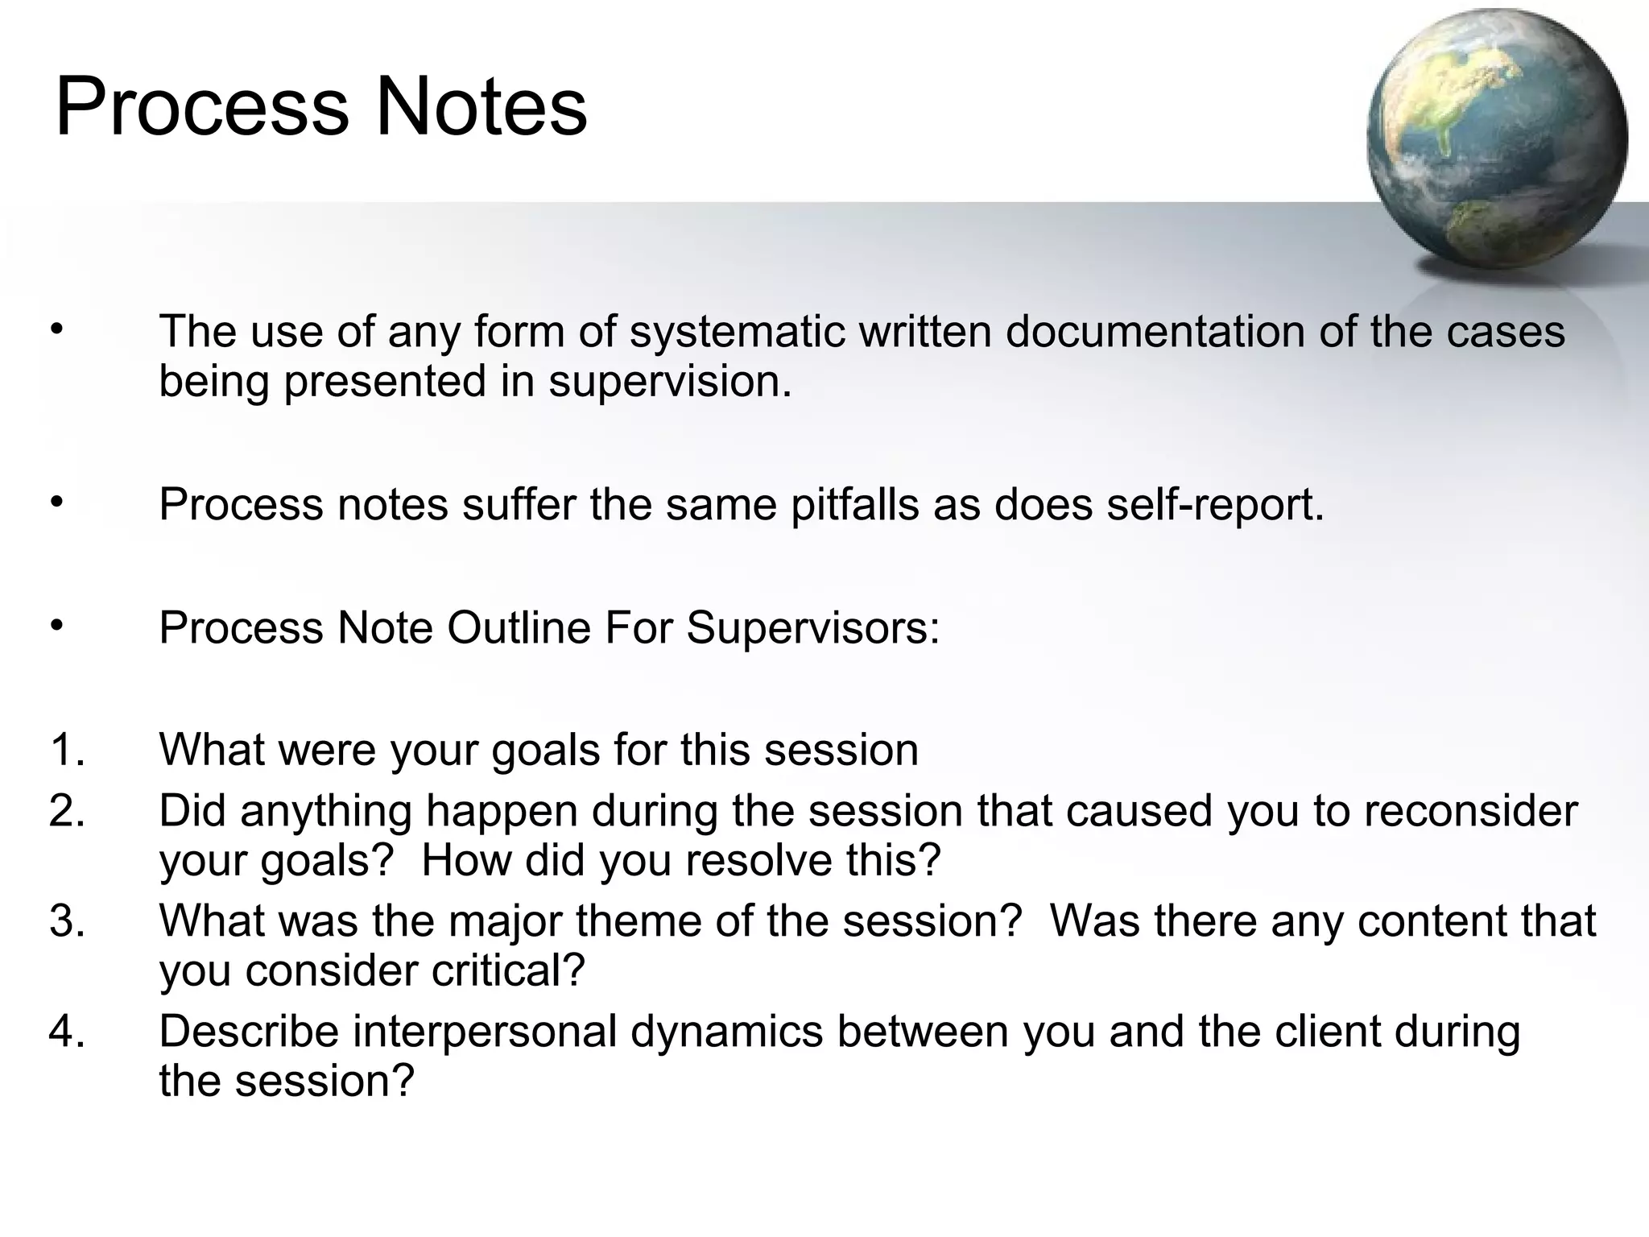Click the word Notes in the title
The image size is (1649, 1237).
[481, 107]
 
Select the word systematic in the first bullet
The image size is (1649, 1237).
[737, 332]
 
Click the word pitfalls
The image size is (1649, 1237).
[854, 506]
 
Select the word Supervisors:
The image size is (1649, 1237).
[812, 628]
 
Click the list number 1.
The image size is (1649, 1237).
[66, 751]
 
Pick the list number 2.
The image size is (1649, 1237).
[66, 812]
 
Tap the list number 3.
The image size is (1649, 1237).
[66, 921]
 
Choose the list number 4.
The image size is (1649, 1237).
[66, 1032]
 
